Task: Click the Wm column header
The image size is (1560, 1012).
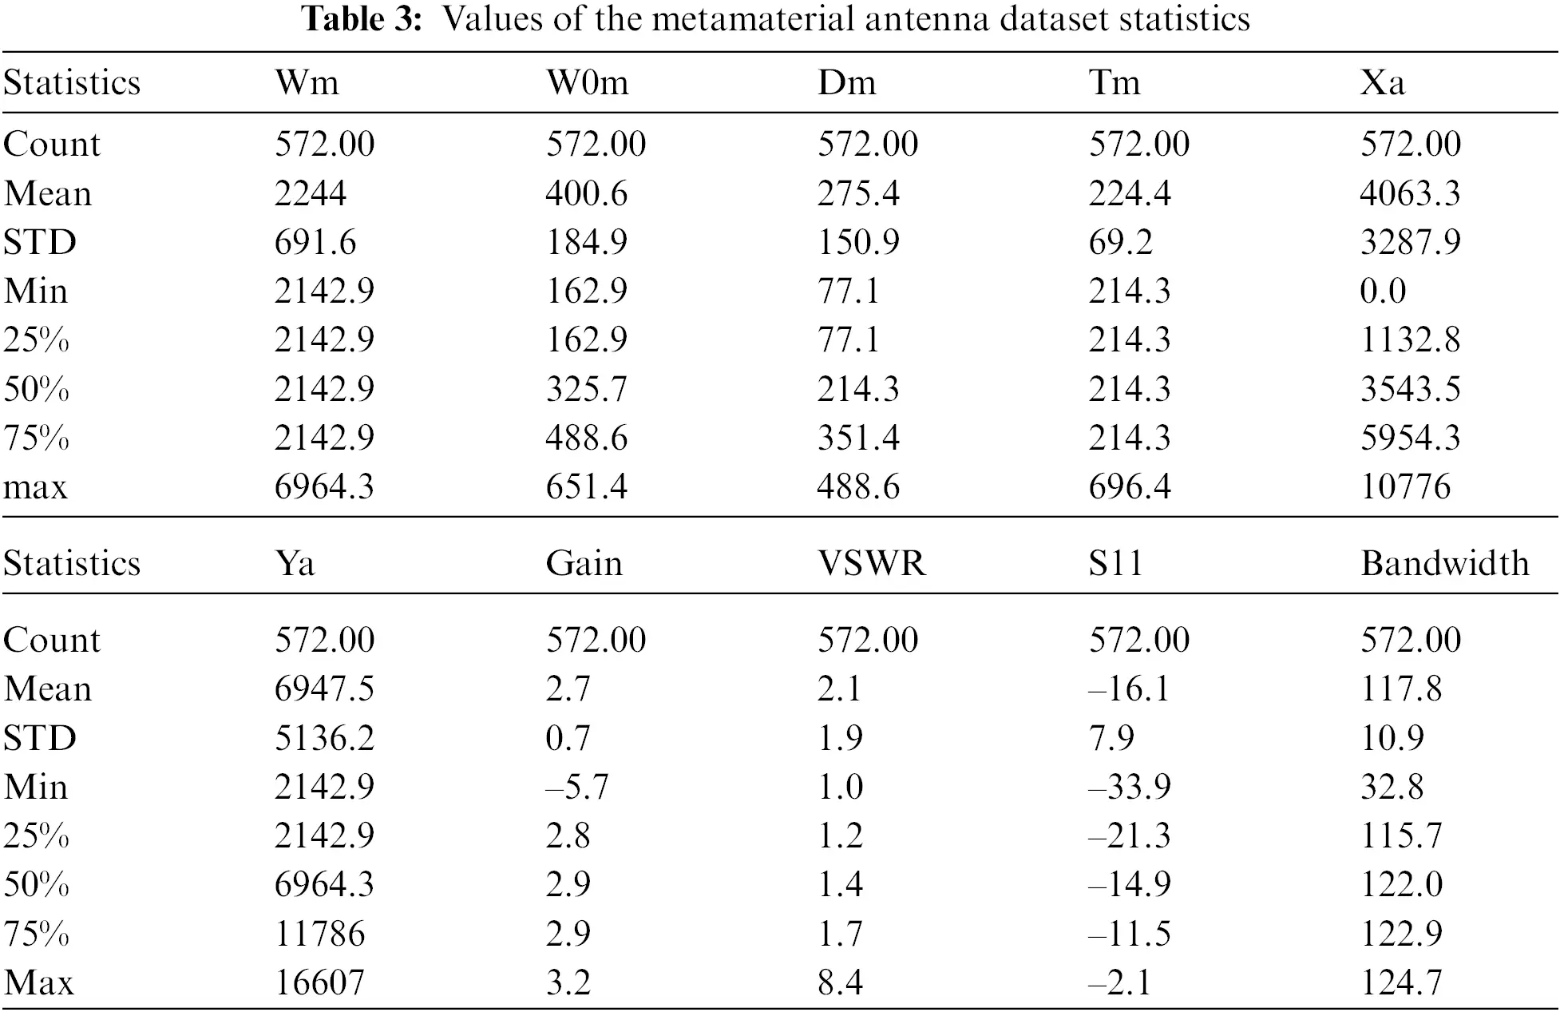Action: (307, 83)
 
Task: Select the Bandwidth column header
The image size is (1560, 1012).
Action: (1444, 564)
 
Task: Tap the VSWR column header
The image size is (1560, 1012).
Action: (871, 564)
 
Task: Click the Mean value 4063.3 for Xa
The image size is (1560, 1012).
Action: (1410, 194)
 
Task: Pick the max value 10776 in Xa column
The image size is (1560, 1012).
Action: (1405, 487)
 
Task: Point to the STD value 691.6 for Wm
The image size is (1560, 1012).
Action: (315, 243)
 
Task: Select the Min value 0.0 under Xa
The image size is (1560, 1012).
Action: (1383, 292)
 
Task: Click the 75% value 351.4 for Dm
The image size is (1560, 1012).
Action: (858, 439)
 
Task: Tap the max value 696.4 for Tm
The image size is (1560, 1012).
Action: (1130, 487)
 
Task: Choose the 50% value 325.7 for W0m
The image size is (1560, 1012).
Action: (587, 390)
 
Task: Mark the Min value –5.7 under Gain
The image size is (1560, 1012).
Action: (576, 788)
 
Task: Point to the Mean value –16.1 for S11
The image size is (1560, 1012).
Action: (1129, 689)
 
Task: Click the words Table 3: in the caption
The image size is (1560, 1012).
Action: (362, 19)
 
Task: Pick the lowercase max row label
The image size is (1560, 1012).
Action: (35, 487)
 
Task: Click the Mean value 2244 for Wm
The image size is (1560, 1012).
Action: (310, 194)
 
